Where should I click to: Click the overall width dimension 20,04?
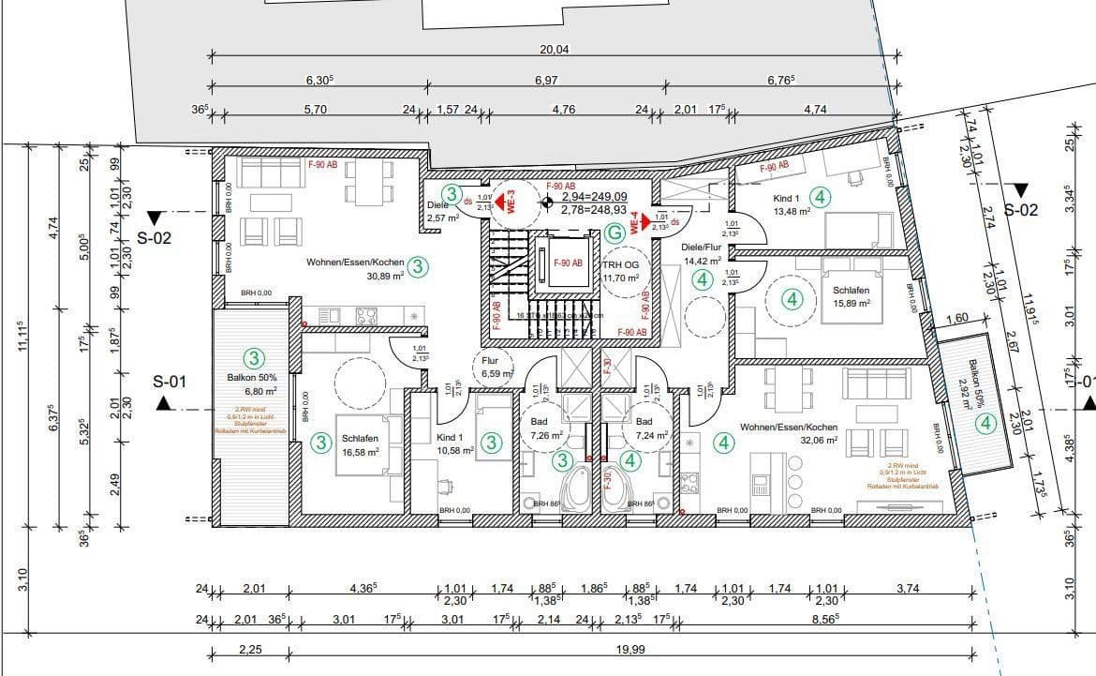point(554,50)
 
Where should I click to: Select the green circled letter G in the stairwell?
point(615,232)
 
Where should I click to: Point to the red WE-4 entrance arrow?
point(642,221)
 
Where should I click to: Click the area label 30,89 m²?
point(384,276)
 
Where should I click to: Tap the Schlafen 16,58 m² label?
point(360,445)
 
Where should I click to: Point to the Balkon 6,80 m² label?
point(247,384)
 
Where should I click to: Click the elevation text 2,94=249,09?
point(593,197)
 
